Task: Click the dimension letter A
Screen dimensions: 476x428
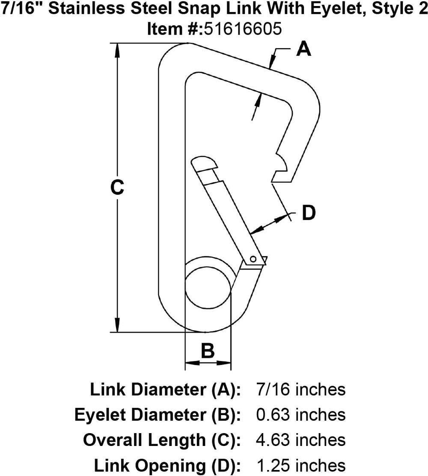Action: (303, 49)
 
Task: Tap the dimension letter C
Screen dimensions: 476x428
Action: (117, 188)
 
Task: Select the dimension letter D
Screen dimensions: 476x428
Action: (309, 213)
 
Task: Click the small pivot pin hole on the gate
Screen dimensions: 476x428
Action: (253, 259)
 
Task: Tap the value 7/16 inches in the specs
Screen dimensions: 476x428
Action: (300, 390)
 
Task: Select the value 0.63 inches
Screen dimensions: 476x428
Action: (300, 415)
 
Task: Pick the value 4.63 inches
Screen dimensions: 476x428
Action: (300, 440)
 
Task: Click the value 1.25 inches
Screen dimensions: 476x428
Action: (300, 465)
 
